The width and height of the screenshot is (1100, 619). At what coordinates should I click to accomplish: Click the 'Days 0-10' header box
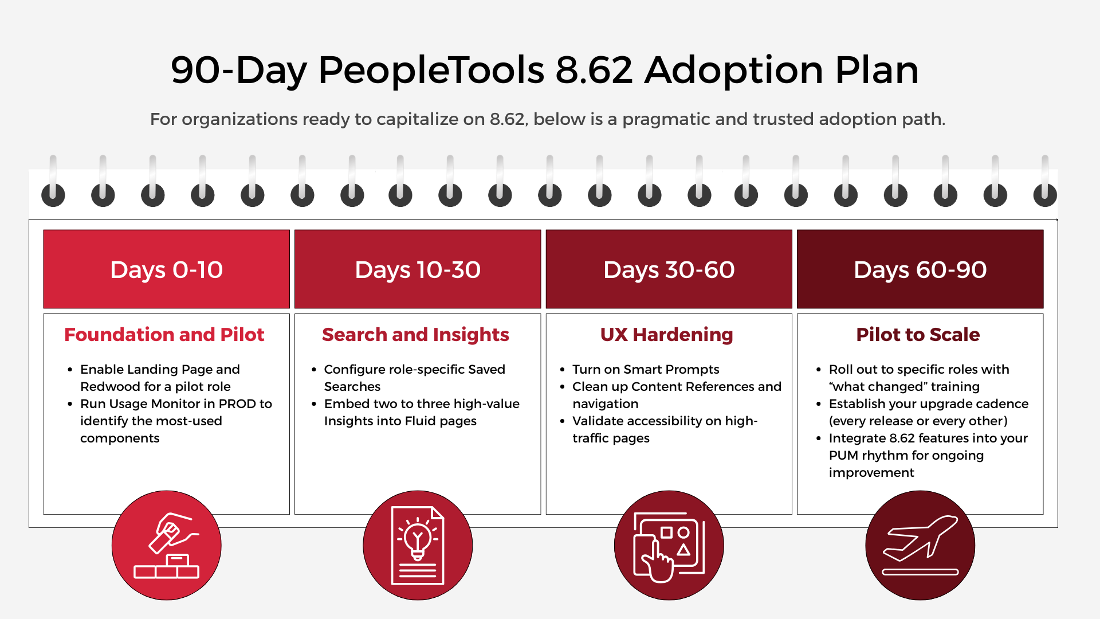(x=166, y=269)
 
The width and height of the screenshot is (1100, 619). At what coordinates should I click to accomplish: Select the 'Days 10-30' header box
(x=418, y=269)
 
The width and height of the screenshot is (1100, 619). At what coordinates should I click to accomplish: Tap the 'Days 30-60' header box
(x=669, y=269)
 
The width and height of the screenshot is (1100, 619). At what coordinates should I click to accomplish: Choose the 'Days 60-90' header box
(x=920, y=269)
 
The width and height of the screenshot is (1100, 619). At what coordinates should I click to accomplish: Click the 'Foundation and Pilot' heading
(x=164, y=335)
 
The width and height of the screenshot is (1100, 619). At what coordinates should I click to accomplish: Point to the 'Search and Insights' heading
(x=415, y=335)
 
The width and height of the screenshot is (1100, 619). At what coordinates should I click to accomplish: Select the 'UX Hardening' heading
(x=667, y=335)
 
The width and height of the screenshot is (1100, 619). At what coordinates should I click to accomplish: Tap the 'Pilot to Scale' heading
(x=918, y=335)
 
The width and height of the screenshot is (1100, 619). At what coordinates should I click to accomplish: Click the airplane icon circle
(x=920, y=545)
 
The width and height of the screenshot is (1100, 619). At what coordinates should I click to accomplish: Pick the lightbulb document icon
(x=418, y=545)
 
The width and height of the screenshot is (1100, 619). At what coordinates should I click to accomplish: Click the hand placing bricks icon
(x=166, y=545)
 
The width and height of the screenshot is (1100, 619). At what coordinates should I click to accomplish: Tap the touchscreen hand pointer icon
(x=669, y=545)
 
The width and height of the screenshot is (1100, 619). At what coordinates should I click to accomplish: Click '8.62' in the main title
(x=594, y=70)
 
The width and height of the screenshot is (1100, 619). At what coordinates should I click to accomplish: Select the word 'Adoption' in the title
(x=734, y=70)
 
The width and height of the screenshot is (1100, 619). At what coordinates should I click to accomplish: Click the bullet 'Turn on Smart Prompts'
(x=646, y=370)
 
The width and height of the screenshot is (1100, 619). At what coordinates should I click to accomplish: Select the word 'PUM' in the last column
(x=843, y=456)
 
